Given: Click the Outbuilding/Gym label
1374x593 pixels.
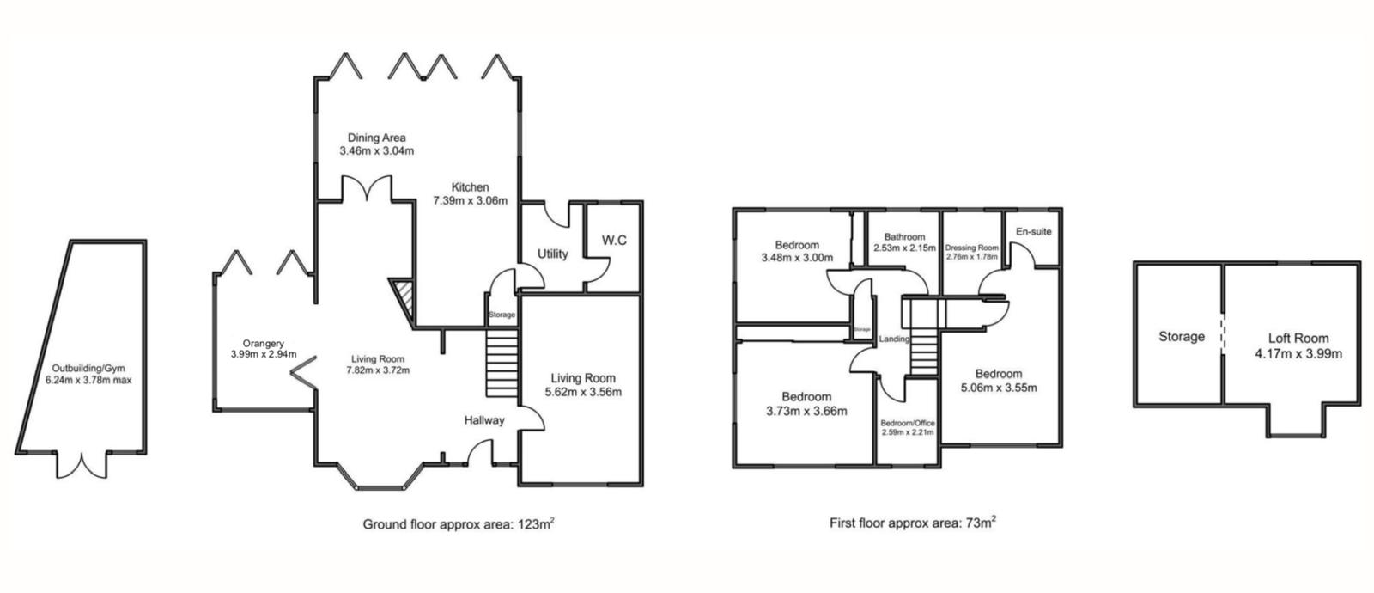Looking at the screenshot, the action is coord(88,369).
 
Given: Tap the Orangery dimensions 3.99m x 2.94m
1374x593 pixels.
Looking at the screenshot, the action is coord(264,354).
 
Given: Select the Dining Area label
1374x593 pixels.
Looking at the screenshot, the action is coord(377,138).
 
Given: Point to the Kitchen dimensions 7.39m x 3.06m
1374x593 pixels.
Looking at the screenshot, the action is coord(471,200).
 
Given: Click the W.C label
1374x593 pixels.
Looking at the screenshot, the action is coord(614,240).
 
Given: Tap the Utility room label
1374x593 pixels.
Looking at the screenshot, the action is coord(553,254).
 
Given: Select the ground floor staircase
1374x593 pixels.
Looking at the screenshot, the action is coord(502,364).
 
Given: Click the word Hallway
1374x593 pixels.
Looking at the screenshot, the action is coord(484,420).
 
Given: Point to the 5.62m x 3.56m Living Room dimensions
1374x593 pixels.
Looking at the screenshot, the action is coord(583,392).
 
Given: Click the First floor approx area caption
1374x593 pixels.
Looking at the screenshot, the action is coord(913,523).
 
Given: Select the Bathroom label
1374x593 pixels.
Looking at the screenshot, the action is coord(905,237).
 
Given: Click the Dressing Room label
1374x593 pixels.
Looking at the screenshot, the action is coord(971,248).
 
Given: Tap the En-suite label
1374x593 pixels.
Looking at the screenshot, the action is coord(1034,231).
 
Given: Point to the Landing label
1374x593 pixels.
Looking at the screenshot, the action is coord(894,339).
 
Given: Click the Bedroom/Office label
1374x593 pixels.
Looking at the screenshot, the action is coord(907,423).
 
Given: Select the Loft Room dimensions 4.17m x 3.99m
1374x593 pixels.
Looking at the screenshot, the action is coord(1298,353).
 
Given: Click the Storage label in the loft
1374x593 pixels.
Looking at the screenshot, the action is coord(1182,336).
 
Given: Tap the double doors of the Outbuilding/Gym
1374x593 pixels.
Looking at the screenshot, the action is coord(82,465).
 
